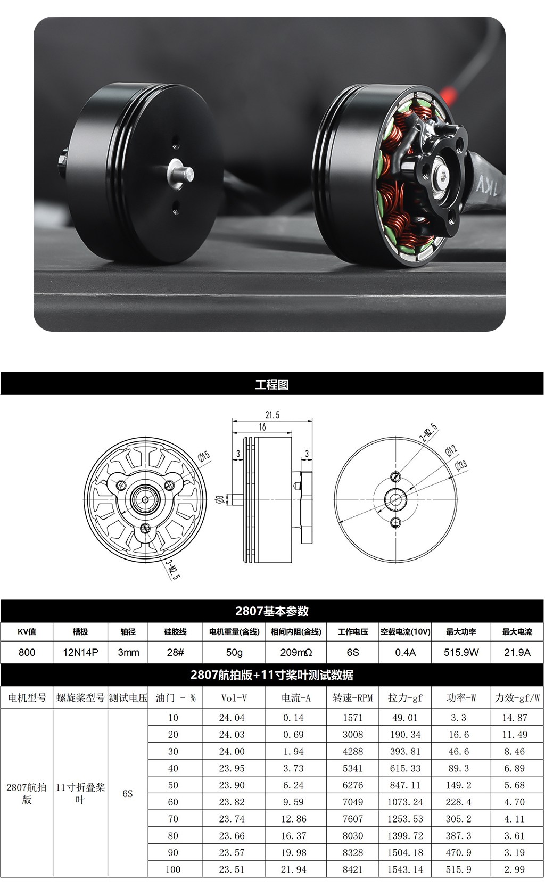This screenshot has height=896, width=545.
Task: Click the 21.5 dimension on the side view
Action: (272, 415)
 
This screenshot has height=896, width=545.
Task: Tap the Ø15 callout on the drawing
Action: (204, 456)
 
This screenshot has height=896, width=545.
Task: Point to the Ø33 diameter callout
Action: (461, 465)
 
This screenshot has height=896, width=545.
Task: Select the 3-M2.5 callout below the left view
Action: (173, 569)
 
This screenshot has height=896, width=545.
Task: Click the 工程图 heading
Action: (272, 384)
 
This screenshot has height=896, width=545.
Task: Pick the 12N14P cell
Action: (80, 652)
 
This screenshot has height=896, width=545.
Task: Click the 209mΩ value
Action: (296, 652)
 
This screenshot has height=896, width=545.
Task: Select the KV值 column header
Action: (27, 631)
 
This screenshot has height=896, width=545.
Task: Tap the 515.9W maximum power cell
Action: (461, 652)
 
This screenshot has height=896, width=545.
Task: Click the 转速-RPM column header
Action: (353, 698)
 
